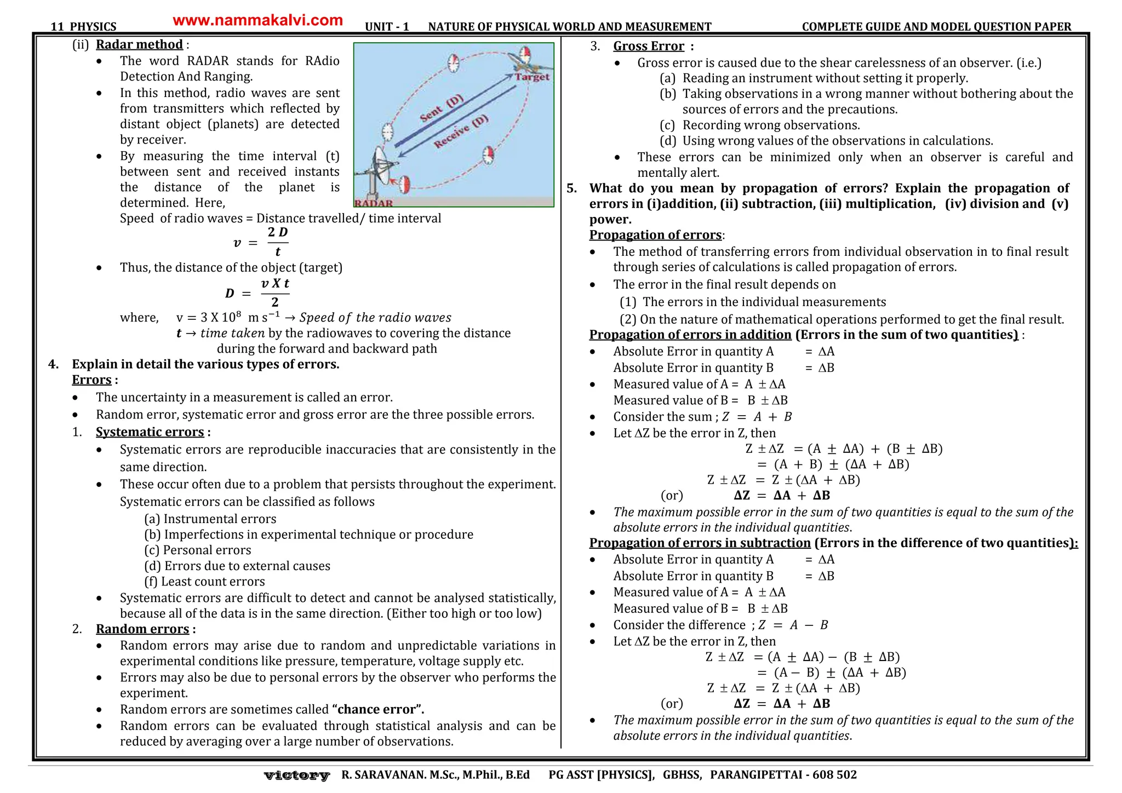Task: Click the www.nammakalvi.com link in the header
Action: (257, 21)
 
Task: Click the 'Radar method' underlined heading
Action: (139, 44)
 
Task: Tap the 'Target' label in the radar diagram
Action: (532, 77)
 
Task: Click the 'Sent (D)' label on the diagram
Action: (442, 108)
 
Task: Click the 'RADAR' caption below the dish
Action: (374, 203)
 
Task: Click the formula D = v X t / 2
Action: (257, 293)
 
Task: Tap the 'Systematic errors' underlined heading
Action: (150, 432)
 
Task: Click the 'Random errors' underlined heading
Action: (142, 629)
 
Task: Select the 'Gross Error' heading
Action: (648, 47)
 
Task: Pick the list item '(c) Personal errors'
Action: (198, 550)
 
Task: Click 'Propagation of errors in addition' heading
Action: (690, 335)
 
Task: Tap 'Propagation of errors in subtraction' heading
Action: (700, 543)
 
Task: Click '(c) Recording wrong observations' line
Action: (760, 125)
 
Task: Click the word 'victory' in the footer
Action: (296, 775)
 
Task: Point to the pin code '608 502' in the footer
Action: (834, 775)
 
